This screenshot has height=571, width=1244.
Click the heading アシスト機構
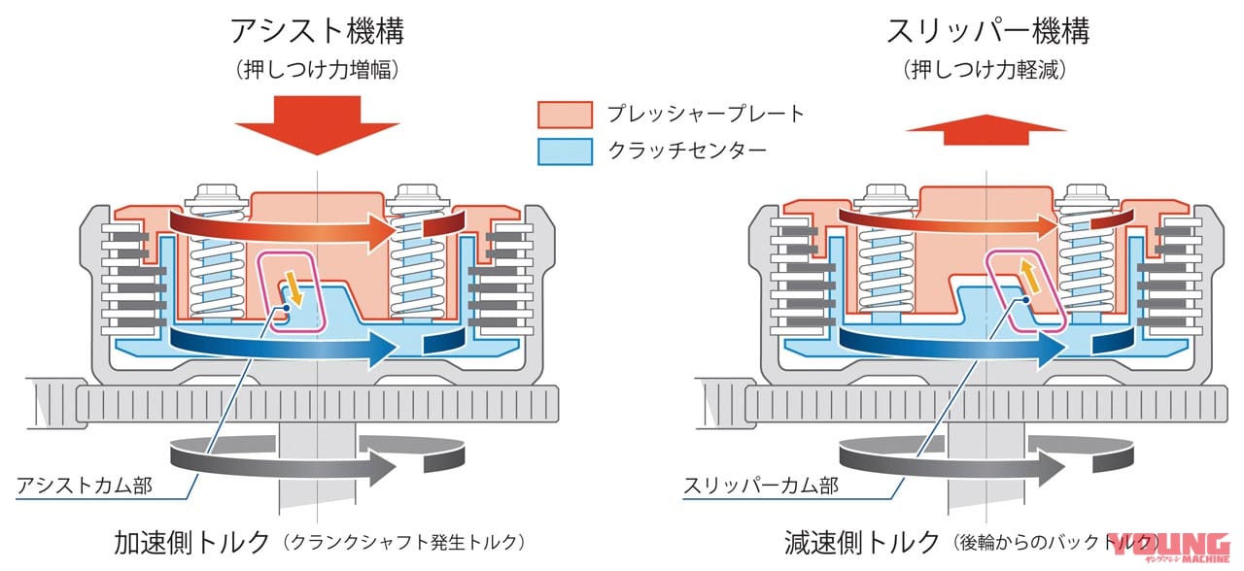click(317, 31)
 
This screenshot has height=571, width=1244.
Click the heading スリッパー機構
click(986, 31)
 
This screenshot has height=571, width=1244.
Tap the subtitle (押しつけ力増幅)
click(317, 70)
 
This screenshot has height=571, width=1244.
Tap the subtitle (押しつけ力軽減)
click(986, 70)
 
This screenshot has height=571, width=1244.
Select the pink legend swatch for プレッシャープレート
click(565, 115)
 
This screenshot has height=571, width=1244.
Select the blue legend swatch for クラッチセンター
click(565, 151)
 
